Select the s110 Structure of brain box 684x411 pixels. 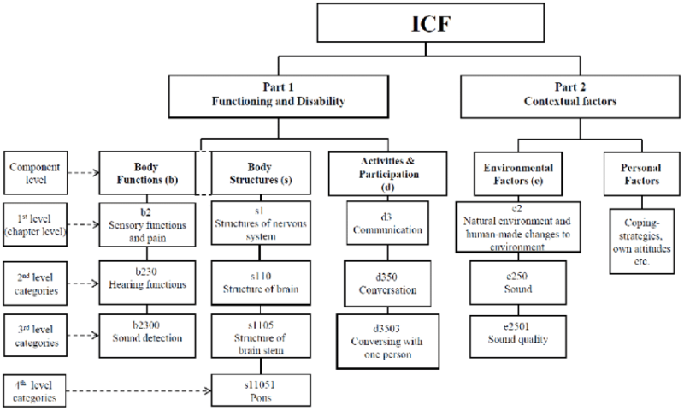(x=253, y=282)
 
